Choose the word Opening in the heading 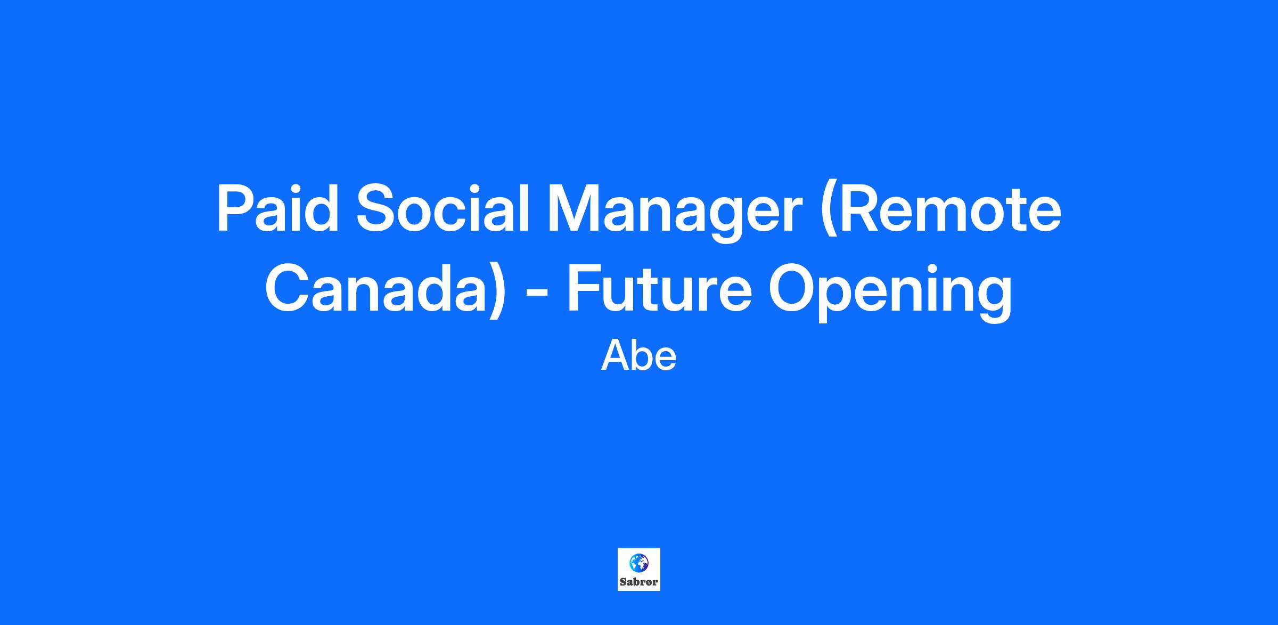click(890, 292)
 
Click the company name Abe click(639, 356)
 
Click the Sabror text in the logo click(639, 582)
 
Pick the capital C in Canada click(290, 287)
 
